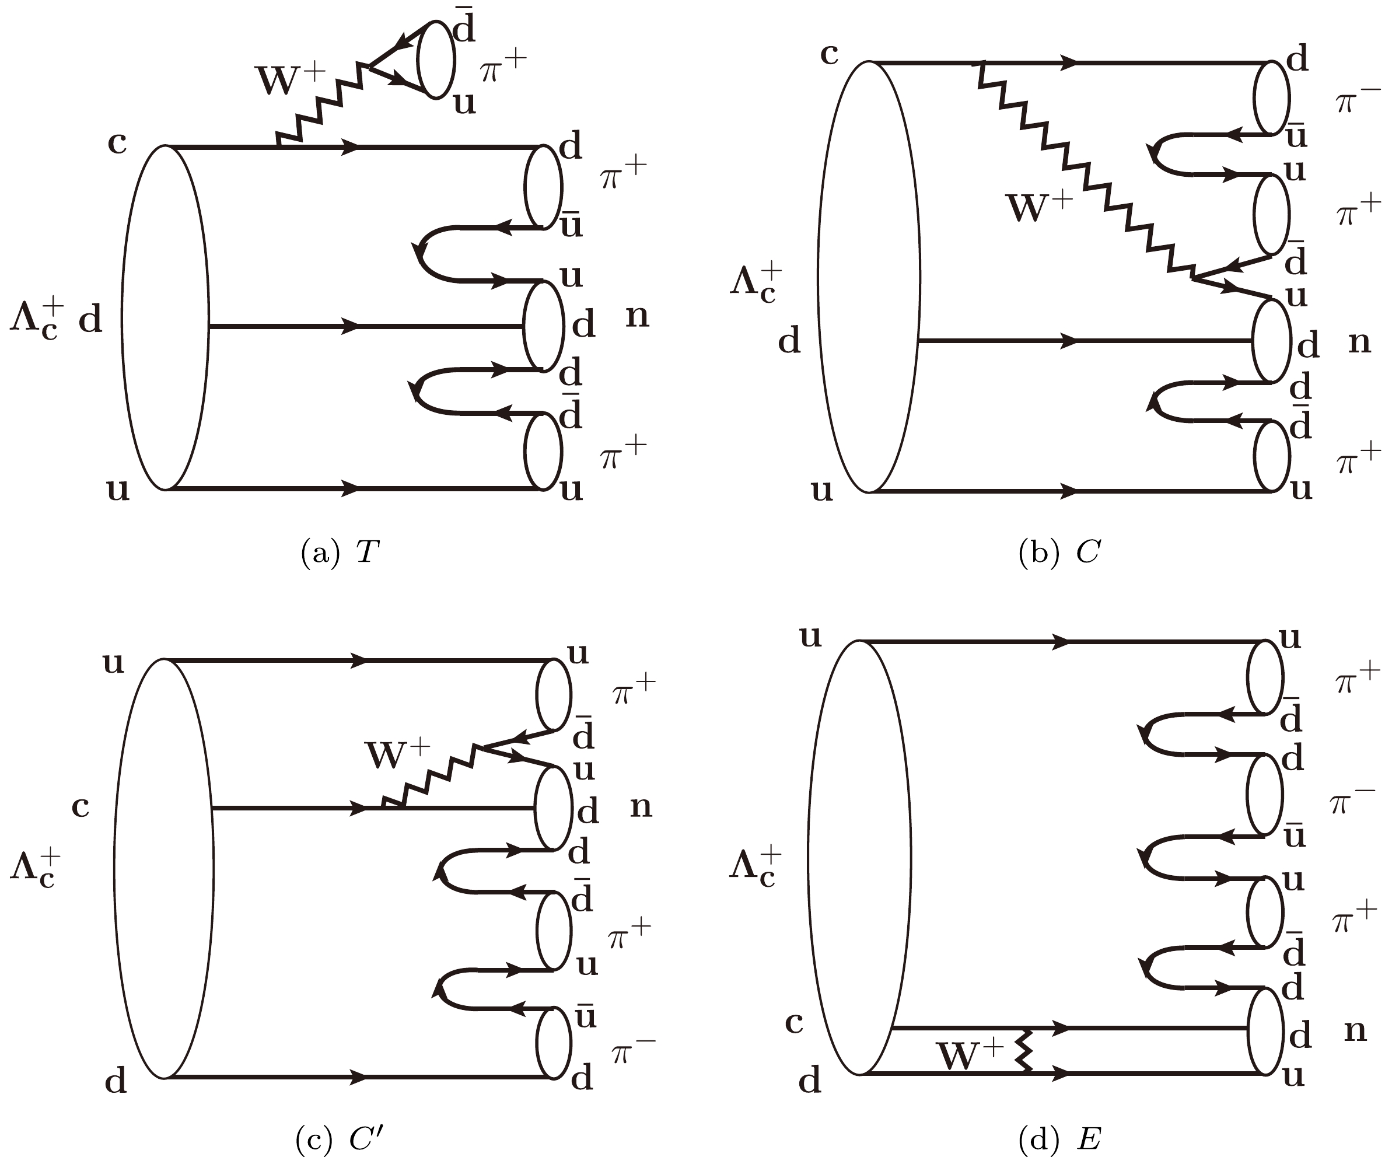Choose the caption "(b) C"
[x=1059, y=552]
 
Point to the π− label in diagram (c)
[x=634, y=1053]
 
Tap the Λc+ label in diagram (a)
[x=37, y=321]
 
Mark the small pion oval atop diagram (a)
[x=436, y=60]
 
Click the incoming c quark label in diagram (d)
[x=794, y=1022]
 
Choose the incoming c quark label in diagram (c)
[x=81, y=807]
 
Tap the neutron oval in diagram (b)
[x=1271, y=341]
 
